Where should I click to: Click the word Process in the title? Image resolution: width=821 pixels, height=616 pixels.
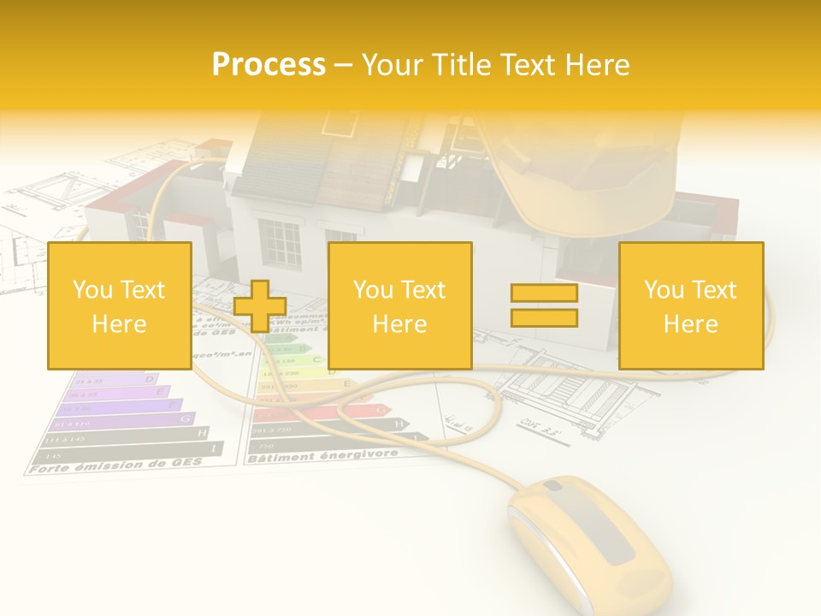tap(269, 64)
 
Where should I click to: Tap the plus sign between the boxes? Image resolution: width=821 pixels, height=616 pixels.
tap(260, 305)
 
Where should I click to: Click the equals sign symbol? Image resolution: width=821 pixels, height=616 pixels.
tap(544, 305)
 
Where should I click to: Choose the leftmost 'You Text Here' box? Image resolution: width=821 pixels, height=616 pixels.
tap(119, 305)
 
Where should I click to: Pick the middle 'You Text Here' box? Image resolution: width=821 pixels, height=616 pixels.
tap(399, 305)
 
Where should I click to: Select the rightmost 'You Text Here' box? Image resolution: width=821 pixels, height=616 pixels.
tap(690, 305)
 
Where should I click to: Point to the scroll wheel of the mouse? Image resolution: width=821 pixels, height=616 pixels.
tap(554, 488)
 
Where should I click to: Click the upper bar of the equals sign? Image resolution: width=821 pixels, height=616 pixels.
tap(544, 293)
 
